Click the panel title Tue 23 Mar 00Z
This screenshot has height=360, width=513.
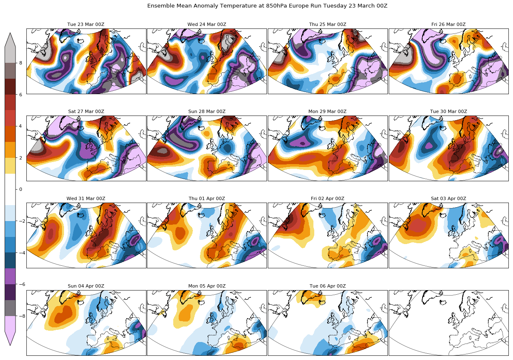[86, 24]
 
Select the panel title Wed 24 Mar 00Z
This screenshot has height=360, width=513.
[207, 24]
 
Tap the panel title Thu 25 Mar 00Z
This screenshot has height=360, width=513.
[328, 24]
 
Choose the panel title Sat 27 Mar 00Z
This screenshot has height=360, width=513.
[86, 111]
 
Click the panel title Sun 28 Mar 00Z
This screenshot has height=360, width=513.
[207, 111]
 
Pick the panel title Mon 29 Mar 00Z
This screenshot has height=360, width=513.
[328, 111]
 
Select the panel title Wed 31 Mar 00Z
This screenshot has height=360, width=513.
[86, 198]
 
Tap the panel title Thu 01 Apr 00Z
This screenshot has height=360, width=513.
[207, 198]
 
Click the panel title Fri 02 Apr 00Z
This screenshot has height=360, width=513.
[328, 198]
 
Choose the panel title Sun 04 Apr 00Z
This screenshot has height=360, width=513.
[86, 286]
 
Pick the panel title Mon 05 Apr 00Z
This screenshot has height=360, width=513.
[207, 286]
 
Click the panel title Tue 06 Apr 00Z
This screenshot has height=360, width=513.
[328, 286]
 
